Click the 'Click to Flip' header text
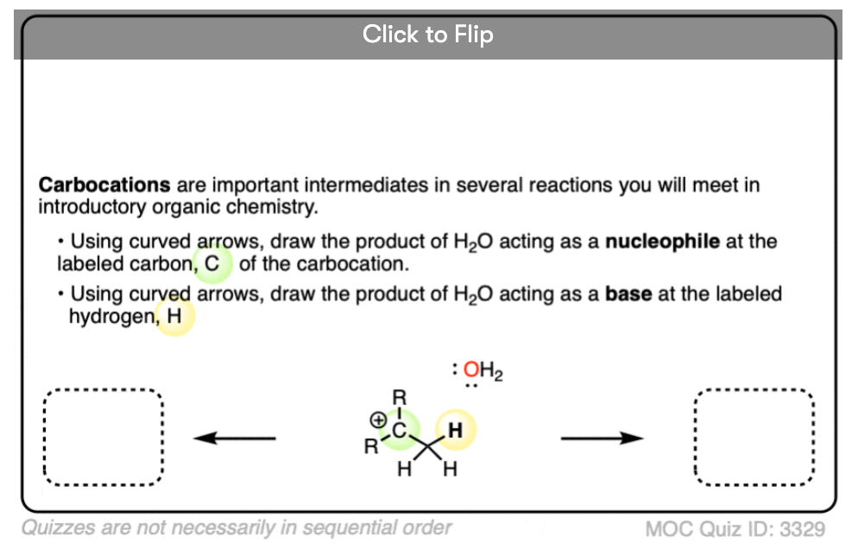(x=427, y=35)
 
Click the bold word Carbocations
(x=104, y=185)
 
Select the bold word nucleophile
(x=662, y=242)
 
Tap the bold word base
(x=628, y=294)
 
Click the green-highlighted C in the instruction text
(x=211, y=264)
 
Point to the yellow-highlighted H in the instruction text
(x=174, y=316)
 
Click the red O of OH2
(x=471, y=369)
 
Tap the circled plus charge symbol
(x=378, y=420)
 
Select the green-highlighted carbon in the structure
(x=400, y=431)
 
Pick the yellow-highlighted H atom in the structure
(x=455, y=430)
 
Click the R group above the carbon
(x=400, y=397)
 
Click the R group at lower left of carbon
(x=371, y=446)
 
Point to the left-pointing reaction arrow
(x=235, y=438)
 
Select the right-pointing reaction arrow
(x=602, y=438)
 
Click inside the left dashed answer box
(x=103, y=438)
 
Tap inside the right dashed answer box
(x=754, y=438)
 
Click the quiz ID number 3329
(x=802, y=529)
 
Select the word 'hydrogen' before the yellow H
(x=111, y=317)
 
